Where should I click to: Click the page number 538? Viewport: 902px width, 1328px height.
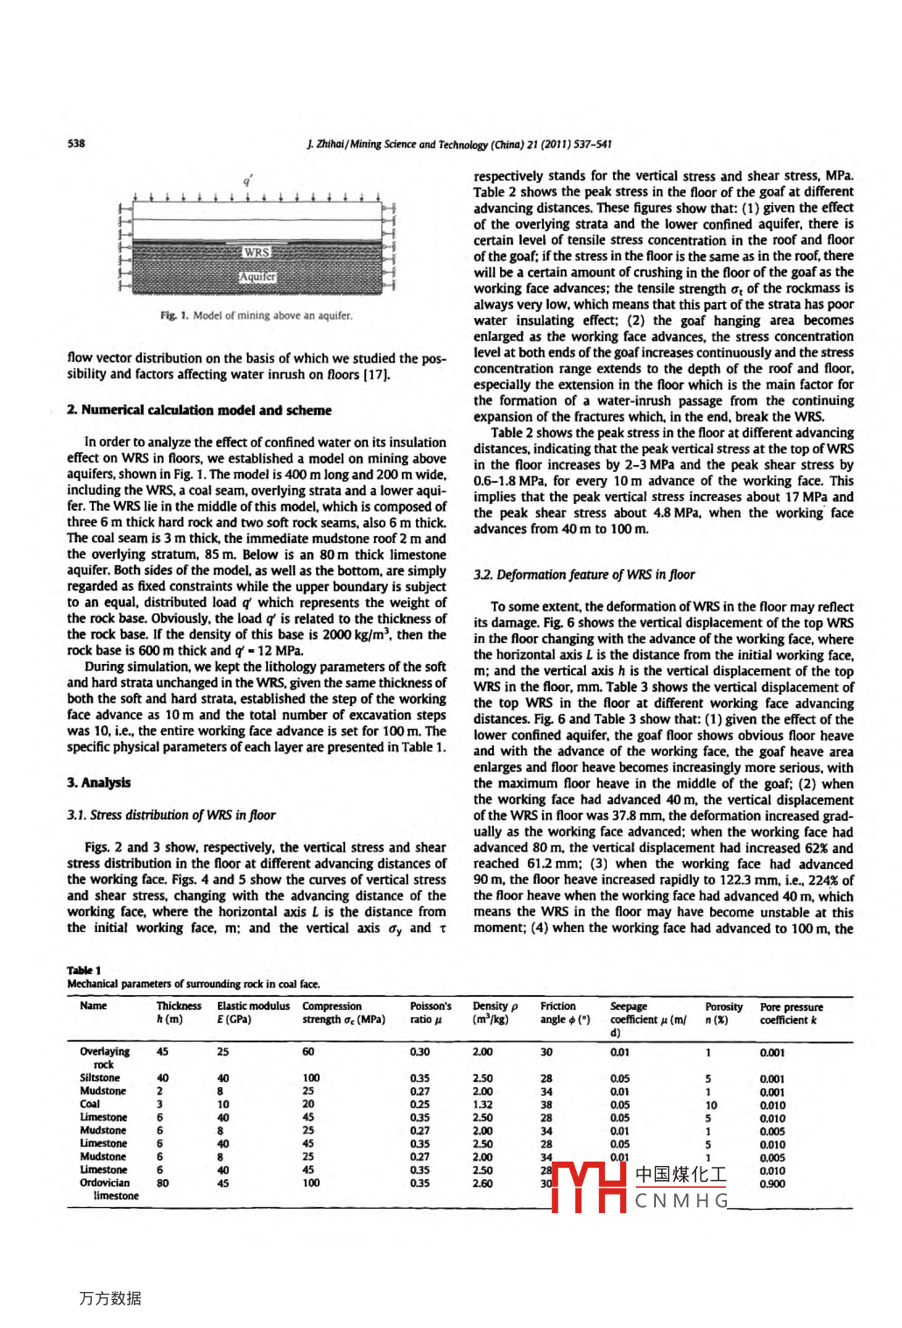coord(76,144)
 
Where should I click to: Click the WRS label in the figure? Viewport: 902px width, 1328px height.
coord(257,252)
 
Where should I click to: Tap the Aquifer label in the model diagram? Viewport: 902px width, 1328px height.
coord(258,277)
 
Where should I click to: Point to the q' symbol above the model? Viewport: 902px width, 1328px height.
coord(249,180)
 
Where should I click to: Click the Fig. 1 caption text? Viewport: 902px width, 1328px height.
coord(256,315)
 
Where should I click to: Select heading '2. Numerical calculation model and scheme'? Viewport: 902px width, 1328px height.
coord(199,410)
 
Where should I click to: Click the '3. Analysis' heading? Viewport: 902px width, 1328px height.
coord(99,782)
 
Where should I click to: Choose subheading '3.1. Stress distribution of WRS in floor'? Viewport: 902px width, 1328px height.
coord(171,815)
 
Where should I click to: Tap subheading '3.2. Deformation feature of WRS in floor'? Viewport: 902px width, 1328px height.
coord(584,575)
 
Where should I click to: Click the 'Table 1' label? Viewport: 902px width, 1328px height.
coord(84,970)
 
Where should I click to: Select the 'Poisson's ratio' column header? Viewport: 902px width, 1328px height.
coord(430,1013)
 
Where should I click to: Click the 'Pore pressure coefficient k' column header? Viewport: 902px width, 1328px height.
coord(791,1013)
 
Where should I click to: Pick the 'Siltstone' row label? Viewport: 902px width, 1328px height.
coord(100,1077)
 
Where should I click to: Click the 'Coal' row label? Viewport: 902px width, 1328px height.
coord(89,1104)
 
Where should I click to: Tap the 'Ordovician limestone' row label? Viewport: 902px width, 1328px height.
coord(105,1189)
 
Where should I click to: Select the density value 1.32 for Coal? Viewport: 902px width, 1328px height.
coord(483,1104)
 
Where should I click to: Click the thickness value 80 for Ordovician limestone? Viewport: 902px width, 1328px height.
coord(163,1183)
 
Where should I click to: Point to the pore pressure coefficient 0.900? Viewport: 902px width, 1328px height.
coord(772,1183)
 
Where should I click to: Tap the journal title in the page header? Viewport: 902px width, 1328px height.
coord(459,145)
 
